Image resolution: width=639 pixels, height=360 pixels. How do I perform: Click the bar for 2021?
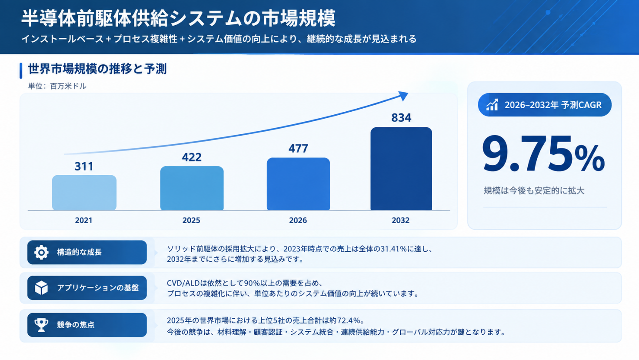(x=84, y=193)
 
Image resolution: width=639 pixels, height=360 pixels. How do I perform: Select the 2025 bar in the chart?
(x=192, y=188)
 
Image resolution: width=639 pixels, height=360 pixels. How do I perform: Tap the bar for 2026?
(x=298, y=184)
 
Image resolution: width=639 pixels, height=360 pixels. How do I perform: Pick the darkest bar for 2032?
(x=401, y=169)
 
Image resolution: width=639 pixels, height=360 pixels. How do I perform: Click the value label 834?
(x=401, y=118)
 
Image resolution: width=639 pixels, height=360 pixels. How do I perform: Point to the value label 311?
(x=84, y=167)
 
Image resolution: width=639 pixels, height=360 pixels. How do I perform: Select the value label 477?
(x=298, y=148)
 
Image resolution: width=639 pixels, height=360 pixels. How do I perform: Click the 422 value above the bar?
(x=192, y=157)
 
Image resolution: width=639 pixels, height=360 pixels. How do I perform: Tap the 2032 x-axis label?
(x=400, y=220)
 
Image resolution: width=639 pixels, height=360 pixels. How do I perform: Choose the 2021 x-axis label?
(x=83, y=220)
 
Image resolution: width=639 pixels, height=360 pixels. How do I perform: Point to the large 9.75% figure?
(x=543, y=154)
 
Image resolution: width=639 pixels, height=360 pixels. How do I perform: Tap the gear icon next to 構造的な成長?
(x=41, y=253)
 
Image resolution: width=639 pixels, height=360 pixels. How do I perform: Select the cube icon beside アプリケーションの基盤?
(x=41, y=287)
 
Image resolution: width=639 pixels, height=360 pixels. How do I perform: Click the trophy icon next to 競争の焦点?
(x=41, y=325)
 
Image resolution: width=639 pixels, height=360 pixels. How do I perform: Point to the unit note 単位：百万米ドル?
(x=57, y=86)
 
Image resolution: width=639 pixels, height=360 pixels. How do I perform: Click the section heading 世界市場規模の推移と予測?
(x=97, y=69)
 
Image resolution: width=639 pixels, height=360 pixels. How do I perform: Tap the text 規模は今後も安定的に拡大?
(x=534, y=190)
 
